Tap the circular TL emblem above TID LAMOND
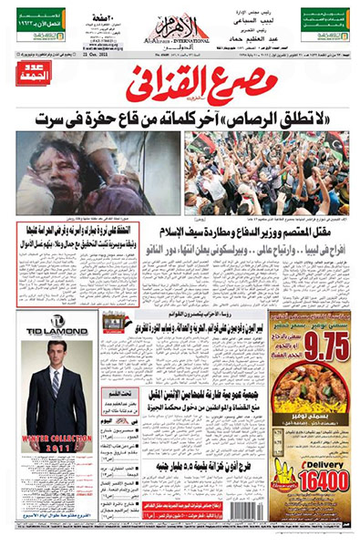coord(57,321)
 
